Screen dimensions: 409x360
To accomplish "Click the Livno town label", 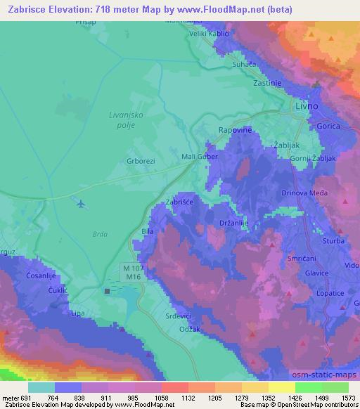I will [x=306, y=105].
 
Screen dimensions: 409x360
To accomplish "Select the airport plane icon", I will [x=81, y=204].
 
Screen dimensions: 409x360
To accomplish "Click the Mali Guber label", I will [x=200, y=157].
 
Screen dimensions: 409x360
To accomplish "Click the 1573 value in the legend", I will [x=347, y=396].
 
